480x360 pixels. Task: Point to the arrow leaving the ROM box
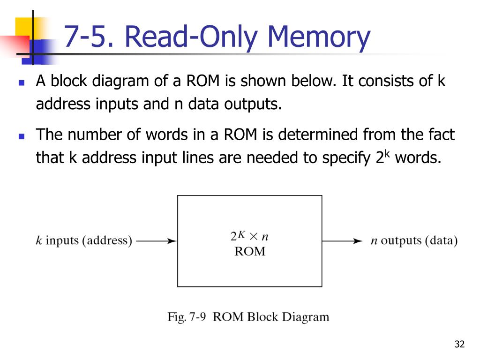tap(343, 241)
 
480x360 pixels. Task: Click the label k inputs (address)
tap(84, 241)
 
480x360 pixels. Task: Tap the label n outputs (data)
tap(414, 241)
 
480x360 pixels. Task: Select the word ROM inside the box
tap(249, 252)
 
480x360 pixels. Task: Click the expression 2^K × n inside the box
tap(249, 236)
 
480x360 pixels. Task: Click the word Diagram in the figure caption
tap(304, 317)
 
